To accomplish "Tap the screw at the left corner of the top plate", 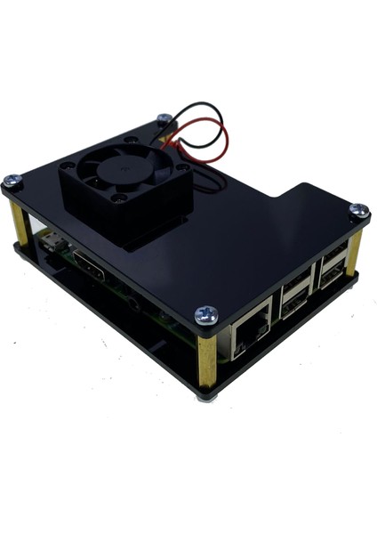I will [12, 181].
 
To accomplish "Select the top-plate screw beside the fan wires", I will [164, 117].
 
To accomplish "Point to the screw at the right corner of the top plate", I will [358, 210].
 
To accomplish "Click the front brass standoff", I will [207, 356].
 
